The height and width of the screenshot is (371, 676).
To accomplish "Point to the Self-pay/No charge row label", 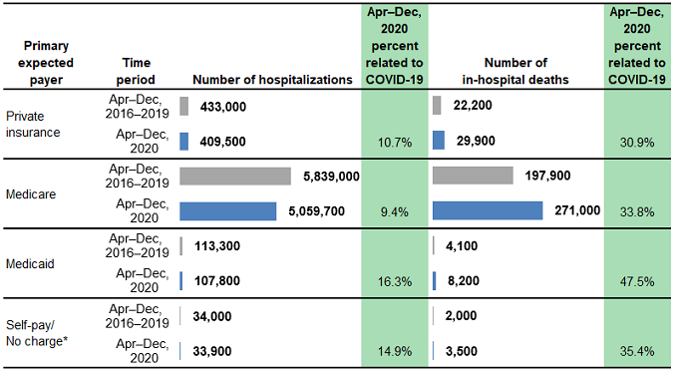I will [x=34, y=332].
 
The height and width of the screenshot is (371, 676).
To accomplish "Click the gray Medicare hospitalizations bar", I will [x=234, y=176].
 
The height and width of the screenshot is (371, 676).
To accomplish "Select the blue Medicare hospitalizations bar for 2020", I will [x=227, y=210].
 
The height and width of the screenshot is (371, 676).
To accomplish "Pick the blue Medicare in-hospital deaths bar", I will [x=488, y=210].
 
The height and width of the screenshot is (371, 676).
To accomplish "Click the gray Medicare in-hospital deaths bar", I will [x=473, y=176].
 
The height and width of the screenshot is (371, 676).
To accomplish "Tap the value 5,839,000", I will [x=331, y=176].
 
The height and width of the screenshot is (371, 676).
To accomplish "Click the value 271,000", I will [x=575, y=210].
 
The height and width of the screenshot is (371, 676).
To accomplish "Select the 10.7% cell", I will [x=395, y=142].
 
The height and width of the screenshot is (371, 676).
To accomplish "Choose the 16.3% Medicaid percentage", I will [x=395, y=281].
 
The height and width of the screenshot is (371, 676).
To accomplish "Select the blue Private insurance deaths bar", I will [x=439, y=141].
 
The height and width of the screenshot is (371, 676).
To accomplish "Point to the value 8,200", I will [x=462, y=281].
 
